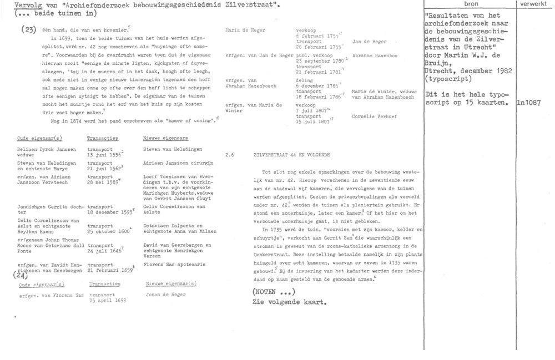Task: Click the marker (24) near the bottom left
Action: pyautogui.click(x=20, y=274)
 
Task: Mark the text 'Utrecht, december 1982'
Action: pyautogui.click(x=468, y=73)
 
